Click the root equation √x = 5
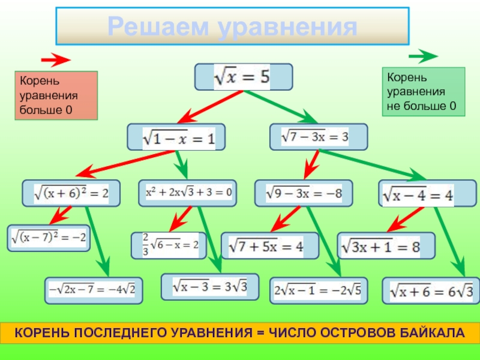click(243, 77)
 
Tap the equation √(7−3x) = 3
click(318, 137)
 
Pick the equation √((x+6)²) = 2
click(71, 193)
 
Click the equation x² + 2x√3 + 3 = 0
click(188, 193)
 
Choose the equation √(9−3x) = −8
click(303, 193)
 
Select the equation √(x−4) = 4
click(418, 194)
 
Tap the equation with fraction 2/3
click(169, 245)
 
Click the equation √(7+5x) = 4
click(271, 246)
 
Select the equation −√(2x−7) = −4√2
click(94, 290)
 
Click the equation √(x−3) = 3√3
click(210, 286)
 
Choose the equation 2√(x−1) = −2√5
click(317, 290)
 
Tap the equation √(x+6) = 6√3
click(431, 291)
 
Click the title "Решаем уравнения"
click(232, 26)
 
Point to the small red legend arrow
click(56, 60)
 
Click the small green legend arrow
click(423, 57)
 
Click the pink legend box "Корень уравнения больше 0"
click(56, 95)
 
